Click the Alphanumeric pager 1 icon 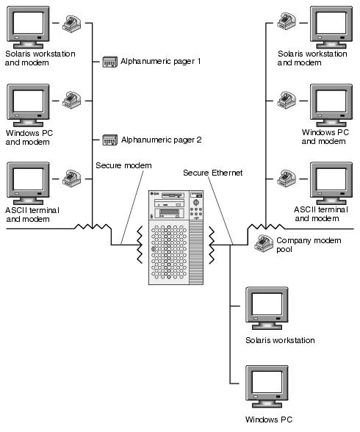pyautogui.click(x=110, y=62)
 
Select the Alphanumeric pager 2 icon pyautogui.click(x=110, y=140)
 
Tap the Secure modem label pyautogui.click(x=123, y=165)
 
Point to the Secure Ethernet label pyautogui.click(x=213, y=173)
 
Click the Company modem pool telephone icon pyautogui.click(x=264, y=244)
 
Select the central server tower pyautogui.click(x=176, y=237)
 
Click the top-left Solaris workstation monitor pyautogui.click(x=28, y=28)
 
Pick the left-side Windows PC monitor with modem pyautogui.click(x=28, y=106)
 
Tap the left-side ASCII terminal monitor pyautogui.click(x=28, y=184)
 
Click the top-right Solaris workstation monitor pyautogui.click(x=331, y=28)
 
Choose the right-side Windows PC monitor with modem pyautogui.click(x=331, y=106)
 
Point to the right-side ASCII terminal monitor pyautogui.click(x=331, y=184)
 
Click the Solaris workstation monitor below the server pyautogui.click(x=267, y=309)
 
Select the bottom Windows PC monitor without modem pyautogui.click(x=267, y=386)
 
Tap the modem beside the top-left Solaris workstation pyautogui.click(x=71, y=24)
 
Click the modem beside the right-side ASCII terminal pyautogui.click(x=287, y=179)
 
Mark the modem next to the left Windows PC pyautogui.click(x=71, y=101)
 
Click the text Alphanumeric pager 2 pyautogui.click(x=162, y=140)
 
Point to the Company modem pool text pyautogui.click(x=309, y=245)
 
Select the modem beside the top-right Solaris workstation pyautogui.click(x=287, y=21)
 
